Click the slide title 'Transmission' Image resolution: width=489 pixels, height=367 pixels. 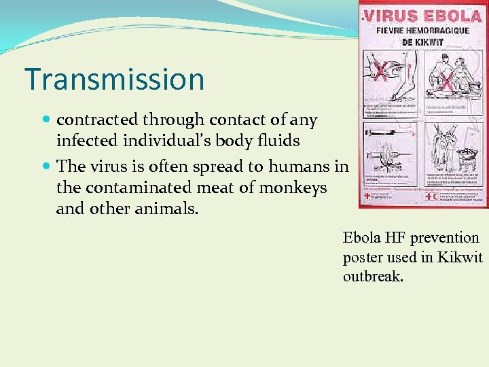pyautogui.click(x=114, y=79)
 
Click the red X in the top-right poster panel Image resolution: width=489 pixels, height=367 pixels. pyautogui.click(x=448, y=82)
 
